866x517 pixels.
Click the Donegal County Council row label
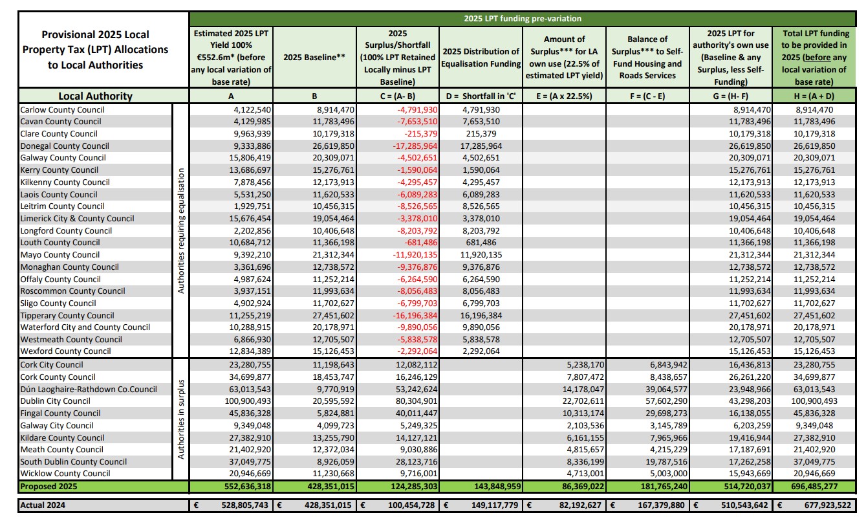(65, 146)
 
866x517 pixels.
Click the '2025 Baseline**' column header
(314, 58)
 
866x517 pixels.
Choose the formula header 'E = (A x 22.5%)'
(563, 96)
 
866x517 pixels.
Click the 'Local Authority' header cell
(95, 96)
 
